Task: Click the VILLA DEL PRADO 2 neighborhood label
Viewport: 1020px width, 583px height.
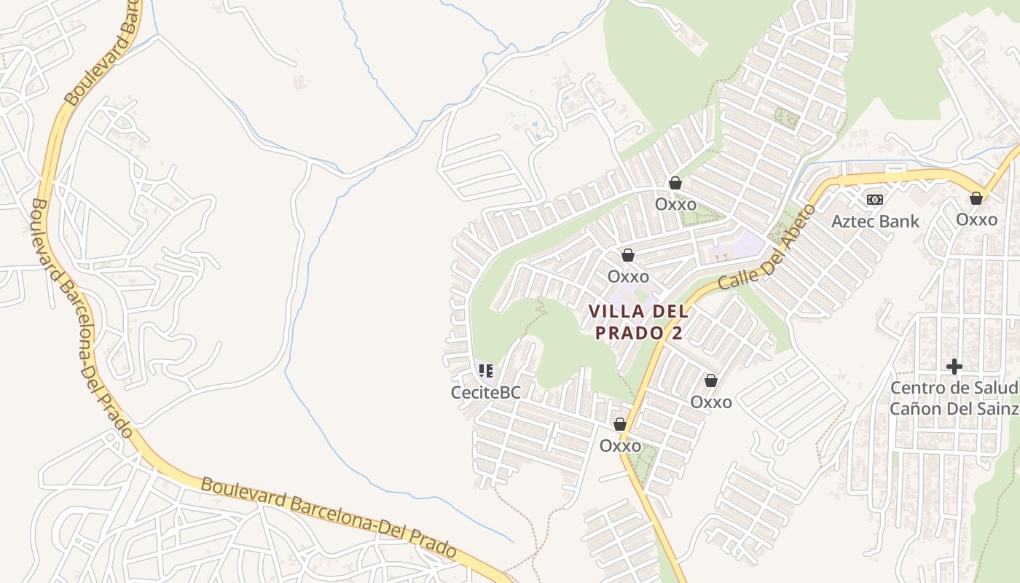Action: click(638, 322)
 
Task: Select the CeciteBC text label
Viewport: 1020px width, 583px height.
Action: click(485, 392)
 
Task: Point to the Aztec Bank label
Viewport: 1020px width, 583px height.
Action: click(875, 222)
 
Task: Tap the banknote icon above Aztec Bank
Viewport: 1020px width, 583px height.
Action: click(875, 200)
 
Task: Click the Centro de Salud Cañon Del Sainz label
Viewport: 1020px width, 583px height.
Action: click(954, 398)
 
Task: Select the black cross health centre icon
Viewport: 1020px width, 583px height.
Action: click(954, 367)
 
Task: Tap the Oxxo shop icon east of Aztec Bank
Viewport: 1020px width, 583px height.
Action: click(976, 198)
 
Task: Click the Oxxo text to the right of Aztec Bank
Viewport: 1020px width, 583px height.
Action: click(976, 219)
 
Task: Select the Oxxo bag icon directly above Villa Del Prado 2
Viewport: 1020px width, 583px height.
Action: click(628, 256)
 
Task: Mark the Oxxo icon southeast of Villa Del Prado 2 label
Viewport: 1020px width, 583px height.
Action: click(711, 380)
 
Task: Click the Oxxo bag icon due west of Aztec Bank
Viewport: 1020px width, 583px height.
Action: click(675, 183)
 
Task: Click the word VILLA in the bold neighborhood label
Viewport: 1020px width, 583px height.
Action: click(616, 312)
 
